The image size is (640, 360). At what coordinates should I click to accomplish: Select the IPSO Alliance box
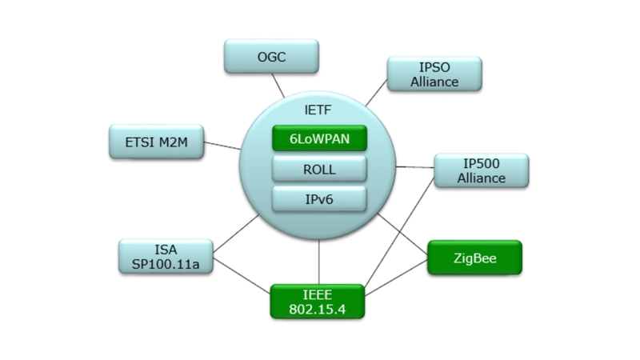coord(435,74)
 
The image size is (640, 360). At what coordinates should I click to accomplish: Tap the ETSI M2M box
coord(156,142)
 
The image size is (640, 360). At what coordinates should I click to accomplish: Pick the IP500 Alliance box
coord(481,170)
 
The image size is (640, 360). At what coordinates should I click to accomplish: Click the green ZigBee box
coord(474,258)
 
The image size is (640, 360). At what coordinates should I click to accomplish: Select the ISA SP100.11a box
coord(166,256)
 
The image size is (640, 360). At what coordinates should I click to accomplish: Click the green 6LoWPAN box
coord(320,138)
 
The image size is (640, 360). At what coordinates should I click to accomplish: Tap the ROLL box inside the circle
coord(320,169)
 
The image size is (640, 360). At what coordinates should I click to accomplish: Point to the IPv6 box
coord(320,198)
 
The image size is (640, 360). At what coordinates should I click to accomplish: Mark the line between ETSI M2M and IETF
coord(222,146)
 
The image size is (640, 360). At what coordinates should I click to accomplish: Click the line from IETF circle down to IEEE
coord(319,260)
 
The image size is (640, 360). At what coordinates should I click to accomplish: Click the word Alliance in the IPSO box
coord(435,81)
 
